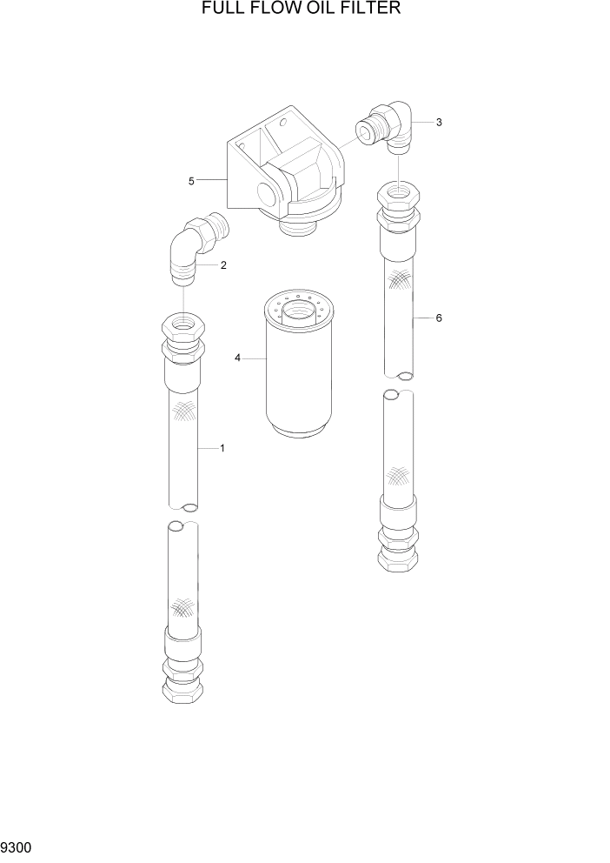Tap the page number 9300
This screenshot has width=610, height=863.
pos(19,846)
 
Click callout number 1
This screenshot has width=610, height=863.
pos(222,448)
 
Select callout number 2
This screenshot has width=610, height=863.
pos(223,265)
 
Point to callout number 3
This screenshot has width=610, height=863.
pos(440,123)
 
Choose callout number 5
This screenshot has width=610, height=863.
pos(191,181)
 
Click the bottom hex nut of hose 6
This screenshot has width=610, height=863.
pos(399,561)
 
